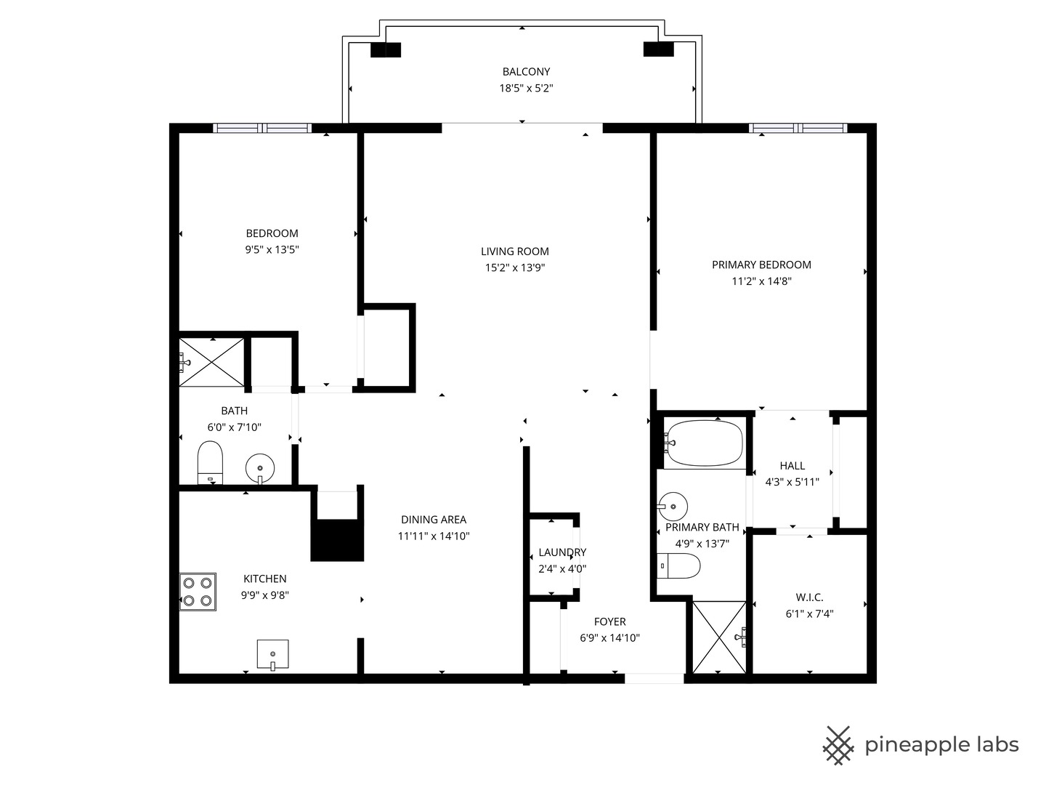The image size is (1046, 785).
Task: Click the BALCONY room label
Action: pos(526,71)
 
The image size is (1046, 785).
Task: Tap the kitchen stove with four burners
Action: pos(198,592)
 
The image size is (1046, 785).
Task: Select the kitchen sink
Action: pos(272,654)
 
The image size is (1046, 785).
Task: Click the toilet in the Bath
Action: pos(210,462)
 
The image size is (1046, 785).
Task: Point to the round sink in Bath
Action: pos(260,467)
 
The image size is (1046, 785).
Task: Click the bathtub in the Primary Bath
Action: pos(704,443)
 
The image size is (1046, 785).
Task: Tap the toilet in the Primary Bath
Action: pos(678,565)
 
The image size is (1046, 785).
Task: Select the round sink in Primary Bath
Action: pos(673,503)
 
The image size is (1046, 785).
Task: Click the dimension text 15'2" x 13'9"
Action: pos(515,267)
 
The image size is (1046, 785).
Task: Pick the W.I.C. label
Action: pos(809,597)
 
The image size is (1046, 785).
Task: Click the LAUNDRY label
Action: pos(562,552)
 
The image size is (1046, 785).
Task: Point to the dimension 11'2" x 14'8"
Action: pos(761,281)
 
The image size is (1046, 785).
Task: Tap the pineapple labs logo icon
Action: pos(838,745)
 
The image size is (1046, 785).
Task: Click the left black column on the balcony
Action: pos(386,49)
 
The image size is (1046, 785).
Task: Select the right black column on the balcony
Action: pos(659,49)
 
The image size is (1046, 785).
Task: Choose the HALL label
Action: pos(792,465)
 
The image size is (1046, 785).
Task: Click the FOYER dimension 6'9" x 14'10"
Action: pos(609,638)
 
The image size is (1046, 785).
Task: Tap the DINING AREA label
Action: pos(434,520)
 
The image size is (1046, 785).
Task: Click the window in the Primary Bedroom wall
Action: pos(798,129)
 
